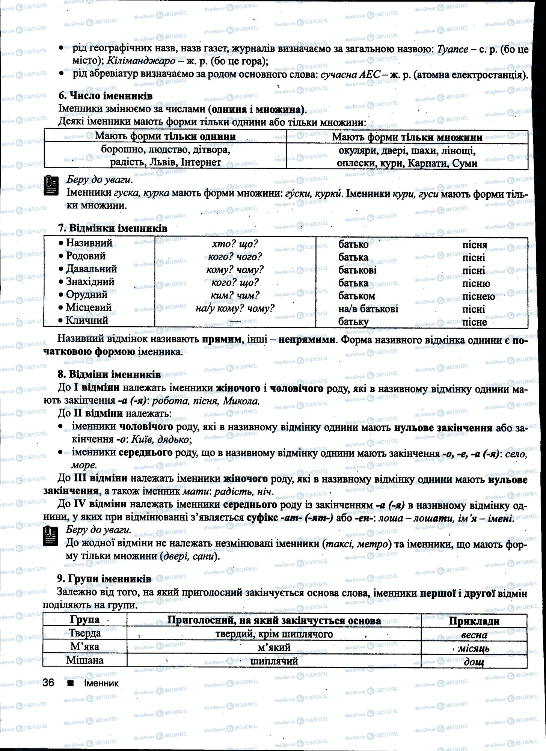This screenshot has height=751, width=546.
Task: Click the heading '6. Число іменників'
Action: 105,96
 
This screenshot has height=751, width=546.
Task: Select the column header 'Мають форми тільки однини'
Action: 165,136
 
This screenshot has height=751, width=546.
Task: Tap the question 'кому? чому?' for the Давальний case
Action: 235,270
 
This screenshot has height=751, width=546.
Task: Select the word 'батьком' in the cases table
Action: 356,296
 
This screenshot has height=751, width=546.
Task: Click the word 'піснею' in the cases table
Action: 478,296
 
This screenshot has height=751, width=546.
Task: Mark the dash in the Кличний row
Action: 235,321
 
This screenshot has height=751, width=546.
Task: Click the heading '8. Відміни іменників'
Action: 109,374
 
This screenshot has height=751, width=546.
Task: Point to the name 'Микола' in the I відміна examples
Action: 241,401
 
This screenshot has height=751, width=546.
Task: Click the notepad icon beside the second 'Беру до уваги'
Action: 51,536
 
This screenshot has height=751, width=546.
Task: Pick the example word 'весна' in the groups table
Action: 474,635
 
